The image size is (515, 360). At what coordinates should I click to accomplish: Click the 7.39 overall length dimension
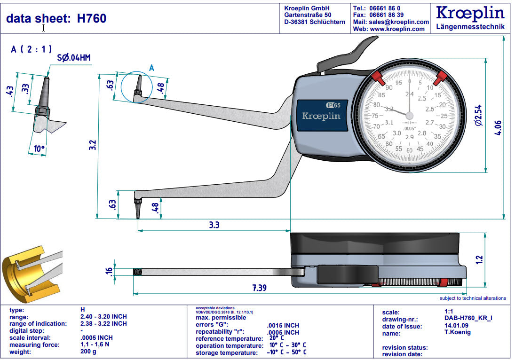pyautogui.click(x=259, y=288)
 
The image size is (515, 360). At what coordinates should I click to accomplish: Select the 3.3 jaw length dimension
pyautogui.click(x=214, y=225)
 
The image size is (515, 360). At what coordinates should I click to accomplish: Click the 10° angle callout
pyautogui.click(x=40, y=150)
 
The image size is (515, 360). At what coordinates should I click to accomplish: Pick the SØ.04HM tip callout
pyautogui.click(x=74, y=58)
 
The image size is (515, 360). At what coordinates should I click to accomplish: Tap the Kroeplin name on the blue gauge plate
pyautogui.click(x=321, y=116)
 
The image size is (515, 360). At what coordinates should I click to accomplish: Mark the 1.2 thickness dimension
pyautogui.click(x=479, y=258)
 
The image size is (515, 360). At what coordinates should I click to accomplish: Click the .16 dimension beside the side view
pyautogui.click(x=109, y=272)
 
